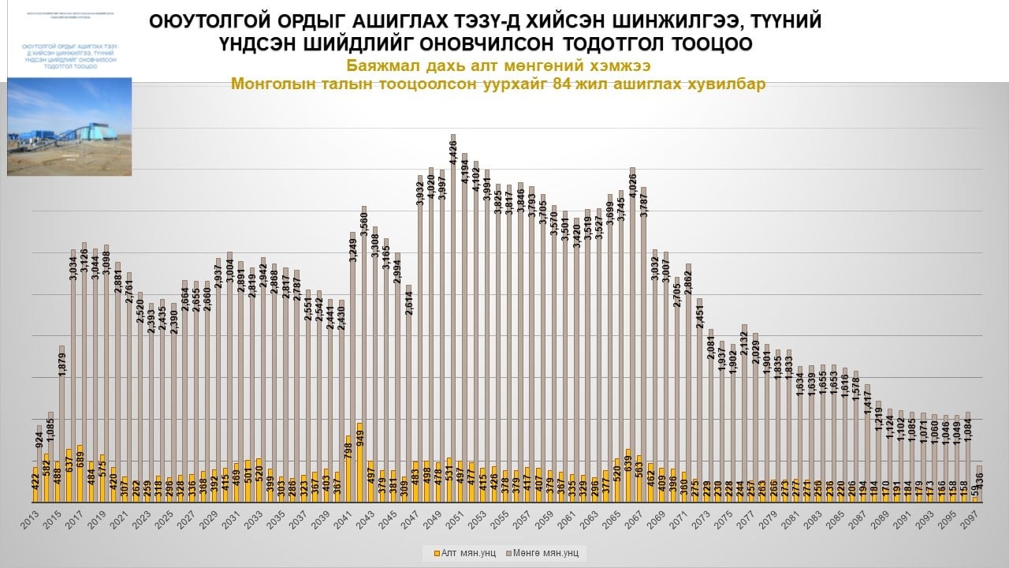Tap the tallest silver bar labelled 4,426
453,316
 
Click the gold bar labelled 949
359,462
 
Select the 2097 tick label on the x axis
976,521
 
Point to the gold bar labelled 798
348,469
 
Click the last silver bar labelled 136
980,483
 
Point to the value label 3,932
420,193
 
